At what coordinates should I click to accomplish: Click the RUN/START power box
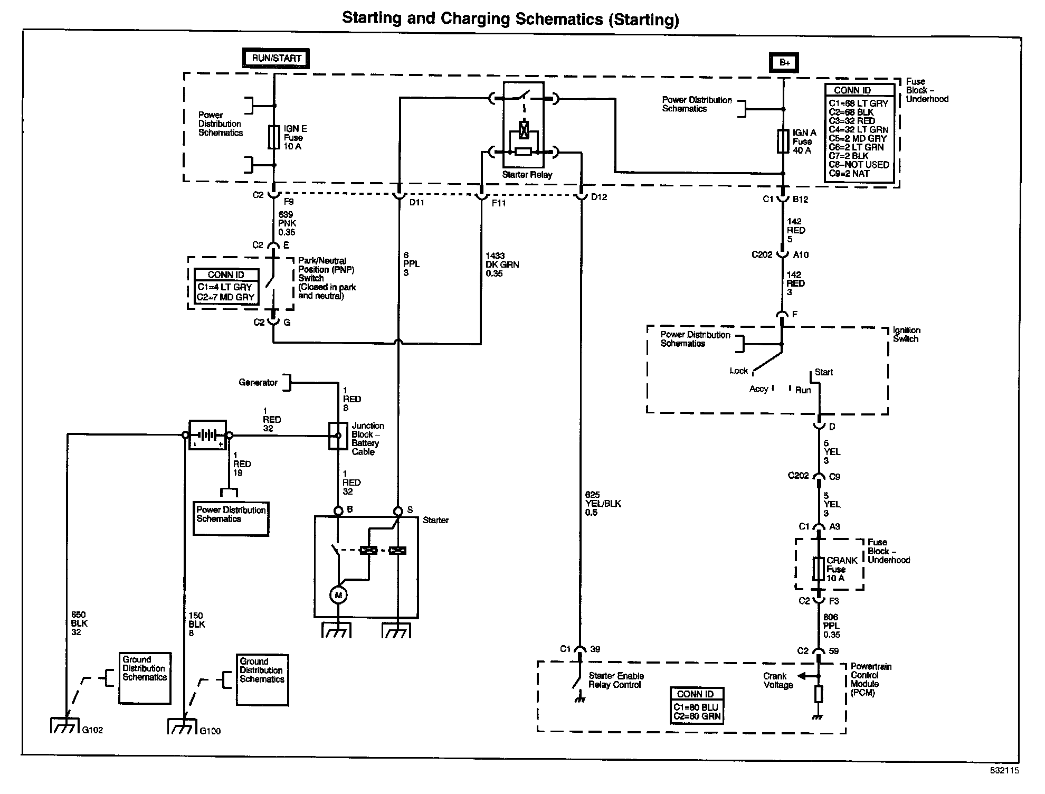[276, 58]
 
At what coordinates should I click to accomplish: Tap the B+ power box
[784, 62]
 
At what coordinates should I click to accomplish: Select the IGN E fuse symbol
[274, 137]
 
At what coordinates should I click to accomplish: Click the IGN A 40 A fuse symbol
[783, 141]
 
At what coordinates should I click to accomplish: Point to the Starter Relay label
[527, 175]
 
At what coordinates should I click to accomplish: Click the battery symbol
[207, 435]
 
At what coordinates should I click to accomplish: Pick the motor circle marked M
[338, 595]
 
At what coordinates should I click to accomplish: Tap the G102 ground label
[93, 730]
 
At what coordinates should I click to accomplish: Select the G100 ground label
[210, 731]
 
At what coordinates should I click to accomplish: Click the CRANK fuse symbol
[819, 569]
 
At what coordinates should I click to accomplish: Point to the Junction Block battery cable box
[338, 436]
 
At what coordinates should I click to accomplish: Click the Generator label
[258, 383]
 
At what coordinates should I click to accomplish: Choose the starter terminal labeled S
[398, 511]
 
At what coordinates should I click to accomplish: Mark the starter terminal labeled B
[338, 511]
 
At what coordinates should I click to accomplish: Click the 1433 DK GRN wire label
[502, 264]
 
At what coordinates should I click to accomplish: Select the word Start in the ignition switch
[823, 372]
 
